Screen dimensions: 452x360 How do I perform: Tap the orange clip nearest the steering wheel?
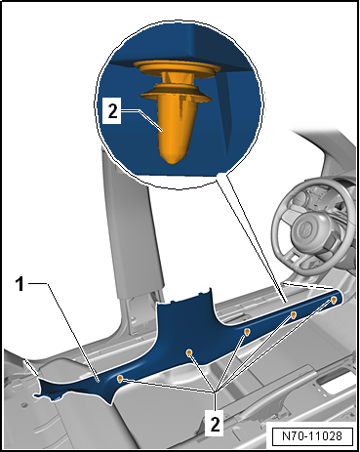(335, 298)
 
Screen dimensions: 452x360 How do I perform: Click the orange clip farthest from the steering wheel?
(120, 377)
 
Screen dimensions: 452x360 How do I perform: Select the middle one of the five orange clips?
(247, 334)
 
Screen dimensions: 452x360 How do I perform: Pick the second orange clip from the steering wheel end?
(294, 316)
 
